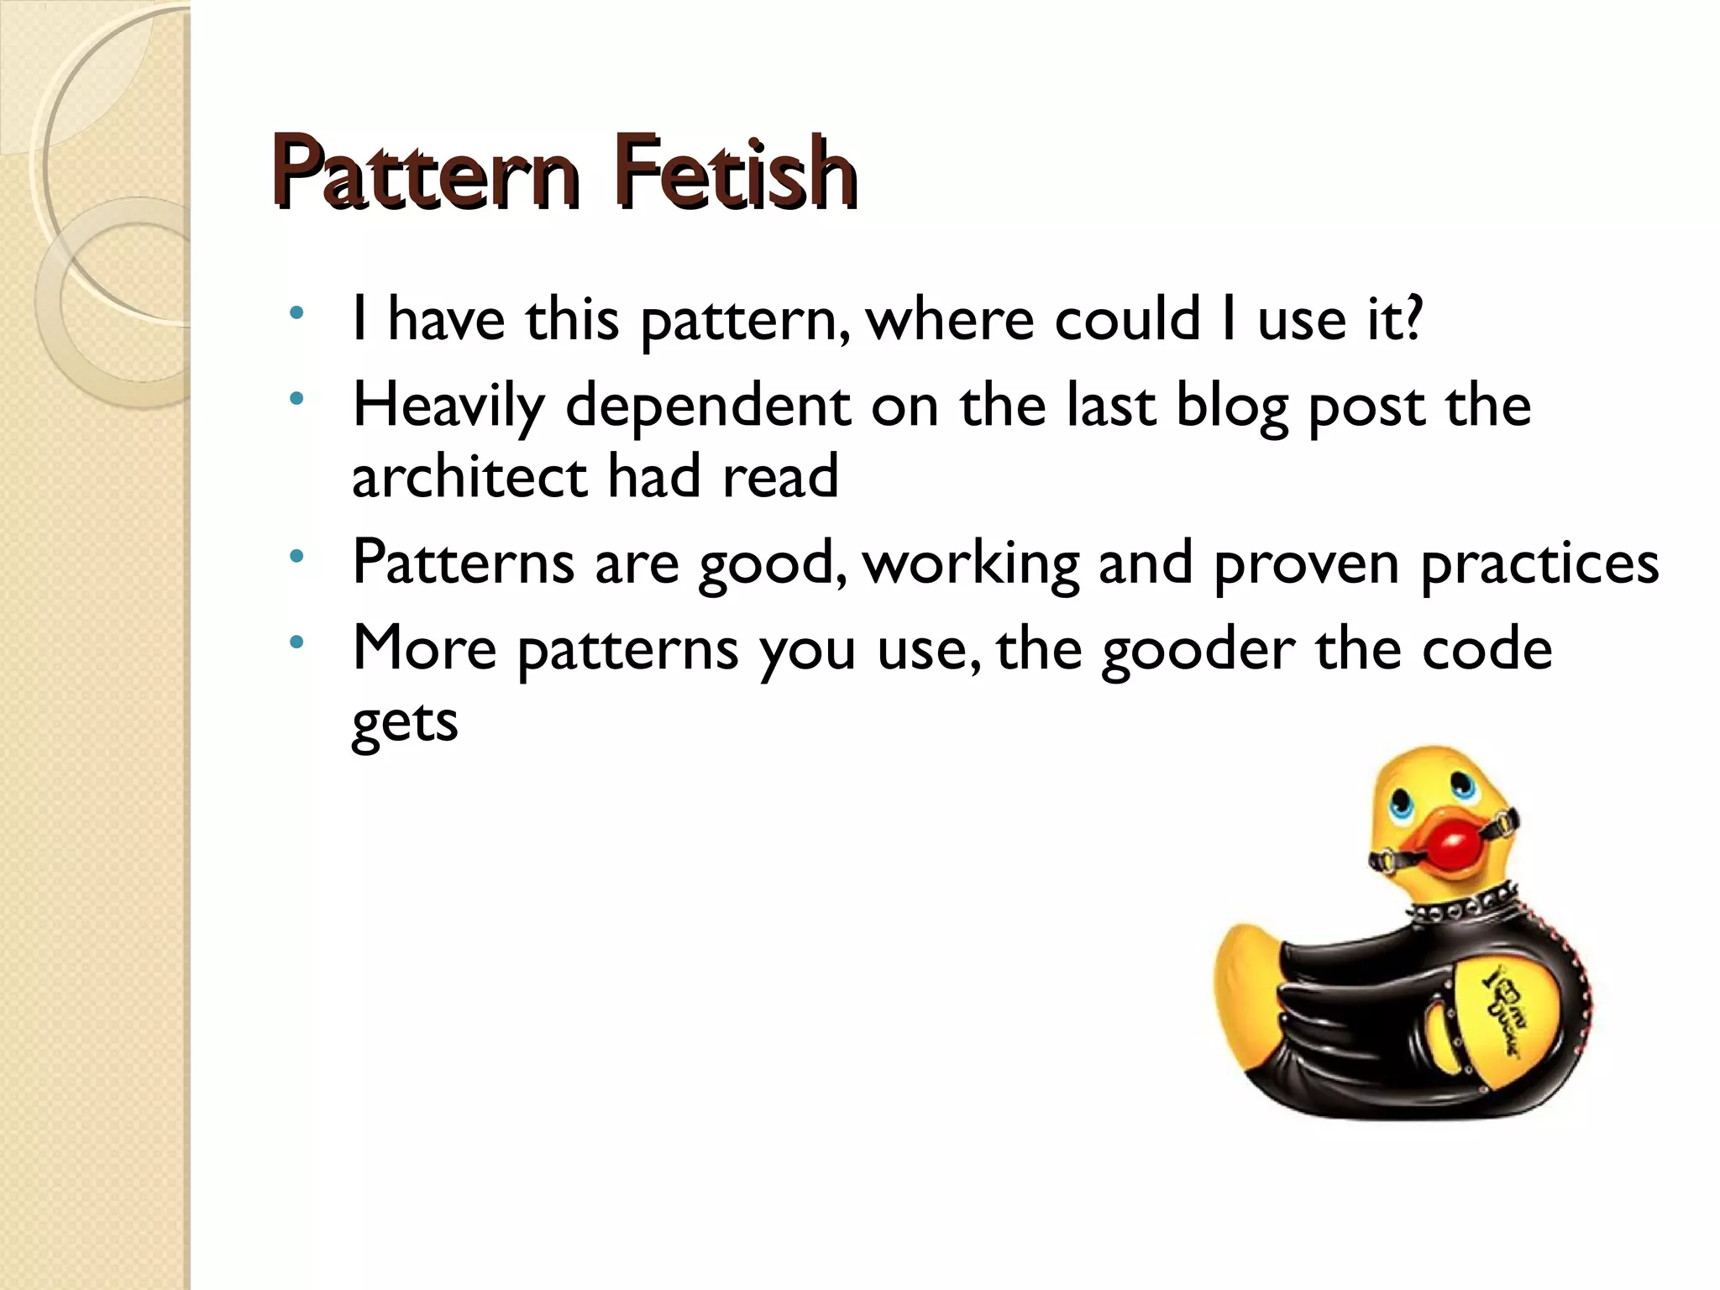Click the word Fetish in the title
[733, 174]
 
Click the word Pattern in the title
[425, 174]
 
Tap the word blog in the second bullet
[1231, 407]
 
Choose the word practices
[1539, 564]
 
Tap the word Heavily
[448, 407]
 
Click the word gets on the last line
[404, 721]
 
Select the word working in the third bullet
[971, 564]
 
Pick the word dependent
[708, 407]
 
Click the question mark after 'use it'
[1412, 319]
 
